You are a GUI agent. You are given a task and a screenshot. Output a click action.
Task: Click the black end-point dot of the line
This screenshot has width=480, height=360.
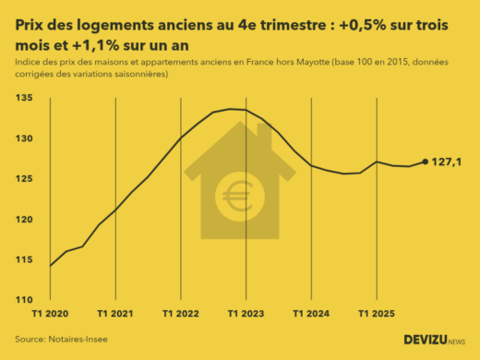tap(426, 162)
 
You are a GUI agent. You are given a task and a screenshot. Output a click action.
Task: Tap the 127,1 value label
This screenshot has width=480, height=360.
tap(448, 162)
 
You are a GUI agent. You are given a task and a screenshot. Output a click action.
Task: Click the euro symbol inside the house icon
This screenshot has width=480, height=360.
tap(231, 196)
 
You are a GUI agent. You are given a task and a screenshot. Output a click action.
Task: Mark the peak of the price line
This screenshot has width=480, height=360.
tap(231, 109)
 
